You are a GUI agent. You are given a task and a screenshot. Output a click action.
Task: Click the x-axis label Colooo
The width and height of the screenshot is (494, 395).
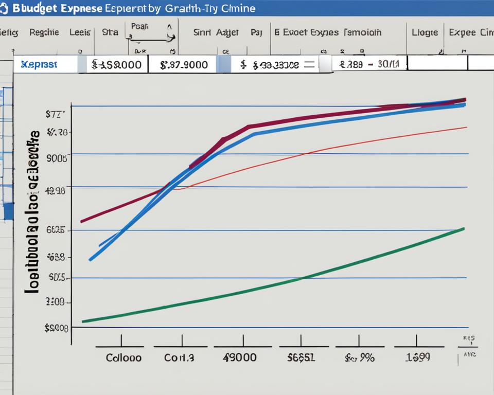pos(123,357)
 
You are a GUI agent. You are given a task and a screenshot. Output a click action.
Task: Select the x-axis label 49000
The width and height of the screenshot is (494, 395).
pos(239,357)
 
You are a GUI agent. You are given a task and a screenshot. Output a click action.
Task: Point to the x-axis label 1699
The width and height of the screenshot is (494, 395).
pos(417,357)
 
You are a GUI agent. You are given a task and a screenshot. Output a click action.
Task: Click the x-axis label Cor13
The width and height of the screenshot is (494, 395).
pos(179,357)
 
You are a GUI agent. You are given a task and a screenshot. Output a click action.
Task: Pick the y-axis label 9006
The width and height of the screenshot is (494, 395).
pos(57,158)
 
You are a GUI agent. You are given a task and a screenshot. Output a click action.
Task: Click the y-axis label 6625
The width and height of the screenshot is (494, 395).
pos(56,230)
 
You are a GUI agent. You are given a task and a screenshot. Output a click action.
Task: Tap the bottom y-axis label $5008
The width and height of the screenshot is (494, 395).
pos(57,327)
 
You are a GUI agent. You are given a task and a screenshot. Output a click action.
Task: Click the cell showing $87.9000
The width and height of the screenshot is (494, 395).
pos(184,65)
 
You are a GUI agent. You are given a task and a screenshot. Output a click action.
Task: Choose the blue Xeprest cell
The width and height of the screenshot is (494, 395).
pos(39,65)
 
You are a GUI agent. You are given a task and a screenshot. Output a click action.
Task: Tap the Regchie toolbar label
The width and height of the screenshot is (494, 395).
pos(44,32)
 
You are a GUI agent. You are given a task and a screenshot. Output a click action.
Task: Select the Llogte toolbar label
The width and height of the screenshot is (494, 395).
pos(425,32)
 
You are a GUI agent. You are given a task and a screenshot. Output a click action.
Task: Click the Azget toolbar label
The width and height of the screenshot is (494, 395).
pos(227,32)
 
